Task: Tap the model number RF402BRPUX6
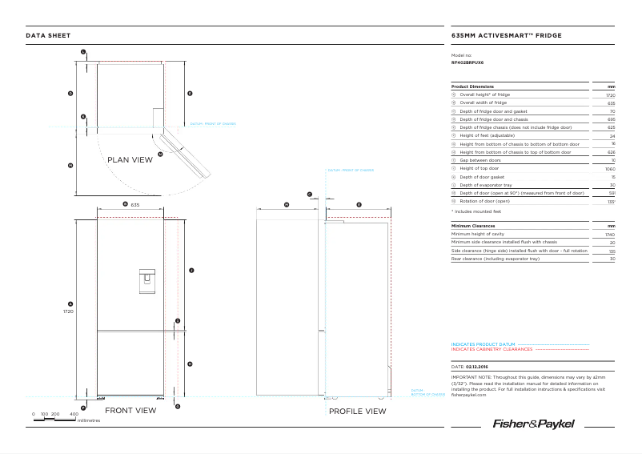tap(467, 62)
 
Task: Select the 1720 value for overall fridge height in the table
tap(610, 94)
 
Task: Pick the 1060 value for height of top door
tap(610, 169)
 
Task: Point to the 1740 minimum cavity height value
tap(610, 235)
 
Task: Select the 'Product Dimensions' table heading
tap(472, 86)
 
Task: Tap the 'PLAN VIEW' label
tap(130, 160)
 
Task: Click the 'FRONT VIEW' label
tap(130, 411)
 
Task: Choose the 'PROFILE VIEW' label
tap(357, 412)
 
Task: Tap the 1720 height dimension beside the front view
tap(69, 311)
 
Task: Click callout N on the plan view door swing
tap(160, 154)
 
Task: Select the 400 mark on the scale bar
tap(74, 414)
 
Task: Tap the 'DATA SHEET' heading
tap(48, 36)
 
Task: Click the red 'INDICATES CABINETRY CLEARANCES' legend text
tap(492, 349)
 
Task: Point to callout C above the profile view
tap(309, 195)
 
